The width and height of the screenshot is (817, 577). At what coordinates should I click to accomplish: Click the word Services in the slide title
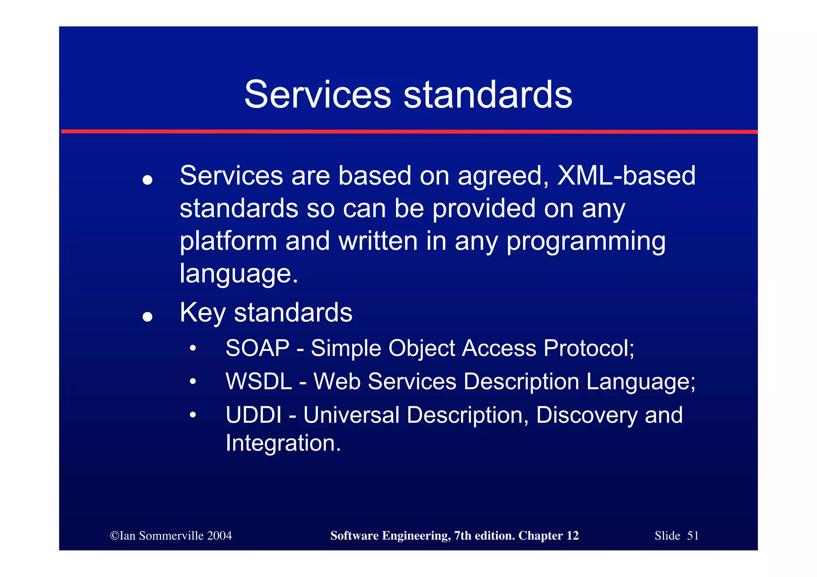click(x=318, y=95)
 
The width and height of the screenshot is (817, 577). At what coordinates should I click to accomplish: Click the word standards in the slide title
click(x=488, y=95)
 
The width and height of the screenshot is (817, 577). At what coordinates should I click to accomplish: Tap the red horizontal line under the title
click(x=408, y=131)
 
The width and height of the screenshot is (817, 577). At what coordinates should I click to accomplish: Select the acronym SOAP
click(x=257, y=348)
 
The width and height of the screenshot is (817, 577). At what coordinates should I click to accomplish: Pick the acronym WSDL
click(x=259, y=381)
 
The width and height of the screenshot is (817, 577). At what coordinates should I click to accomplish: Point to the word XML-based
click(x=626, y=175)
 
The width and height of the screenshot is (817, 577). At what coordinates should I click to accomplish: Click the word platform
click(x=228, y=241)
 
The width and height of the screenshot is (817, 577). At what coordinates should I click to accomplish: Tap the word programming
click(x=586, y=241)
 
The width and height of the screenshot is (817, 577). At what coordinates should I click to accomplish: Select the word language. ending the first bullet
click(x=239, y=274)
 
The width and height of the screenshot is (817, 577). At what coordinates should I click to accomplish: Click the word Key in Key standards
click(x=203, y=312)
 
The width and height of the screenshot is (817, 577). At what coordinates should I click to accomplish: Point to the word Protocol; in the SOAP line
click(x=588, y=348)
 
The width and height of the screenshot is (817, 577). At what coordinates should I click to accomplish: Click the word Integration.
click(x=283, y=443)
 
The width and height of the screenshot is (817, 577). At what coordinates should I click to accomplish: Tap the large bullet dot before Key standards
click(x=148, y=317)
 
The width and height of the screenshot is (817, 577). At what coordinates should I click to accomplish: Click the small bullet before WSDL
click(x=193, y=382)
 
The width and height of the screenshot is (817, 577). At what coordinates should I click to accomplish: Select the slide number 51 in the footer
click(x=693, y=536)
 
